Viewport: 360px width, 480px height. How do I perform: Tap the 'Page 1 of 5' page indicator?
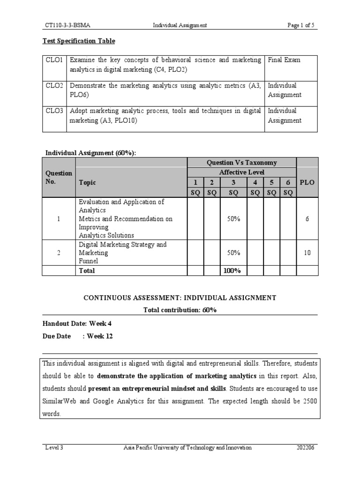(302, 25)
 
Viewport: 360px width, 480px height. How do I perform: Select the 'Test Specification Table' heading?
(79, 41)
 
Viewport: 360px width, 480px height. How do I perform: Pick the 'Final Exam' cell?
(284, 60)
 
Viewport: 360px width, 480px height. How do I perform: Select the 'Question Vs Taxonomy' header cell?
(241, 163)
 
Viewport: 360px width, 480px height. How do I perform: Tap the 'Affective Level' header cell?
(241, 172)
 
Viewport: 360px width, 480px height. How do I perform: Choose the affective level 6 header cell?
(288, 182)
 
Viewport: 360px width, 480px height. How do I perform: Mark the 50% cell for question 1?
(233, 219)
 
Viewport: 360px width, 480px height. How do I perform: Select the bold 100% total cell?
(233, 270)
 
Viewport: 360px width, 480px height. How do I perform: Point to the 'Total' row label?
(87, 270)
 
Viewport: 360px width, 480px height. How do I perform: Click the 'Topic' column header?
(87, 182)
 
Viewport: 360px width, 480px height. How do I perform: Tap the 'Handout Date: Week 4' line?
(77, 323)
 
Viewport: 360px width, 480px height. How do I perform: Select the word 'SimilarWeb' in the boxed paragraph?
(59, 401)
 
